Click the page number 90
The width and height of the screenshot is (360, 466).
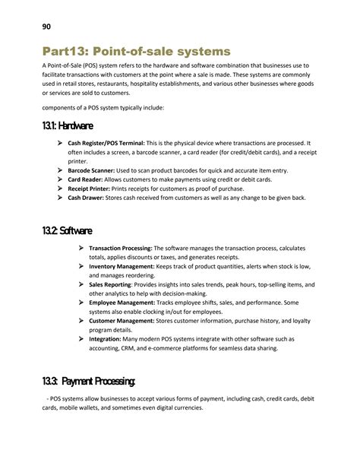pyautogui.click(x=46, y=27)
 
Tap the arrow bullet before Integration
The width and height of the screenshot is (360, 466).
pyautogui.click(x=81, y=340)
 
